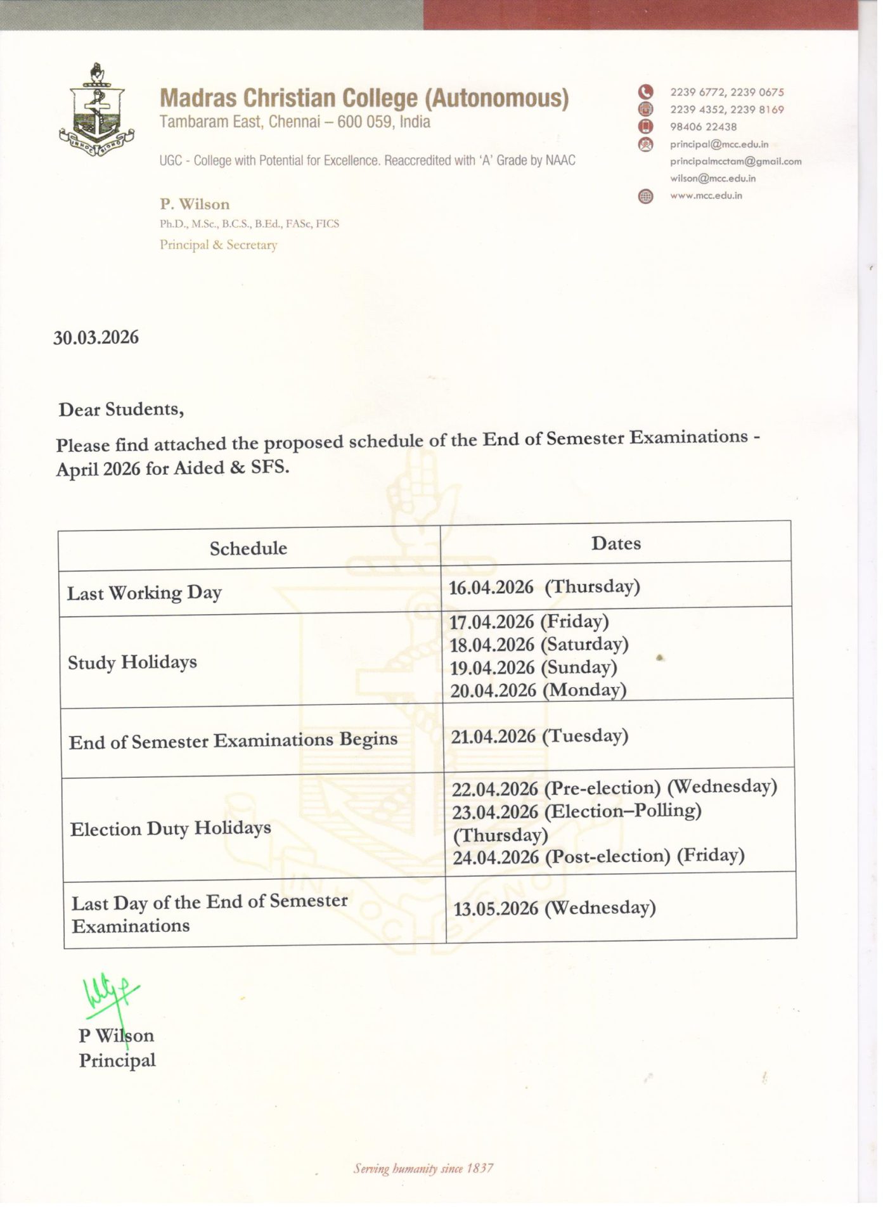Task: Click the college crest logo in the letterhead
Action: pyautogui.click(x=96, y=110)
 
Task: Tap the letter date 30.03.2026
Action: pyautogui.click(x=96, y=337)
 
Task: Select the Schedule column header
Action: pyautogui.click(x=248, y=548)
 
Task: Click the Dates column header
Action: pyautogui.click(x=616, y=543)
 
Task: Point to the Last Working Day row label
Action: pyautogui.click(x=145, y=593)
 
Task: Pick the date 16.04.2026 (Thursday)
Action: pyautogui.click(x=544, y=587)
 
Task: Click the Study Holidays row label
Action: pyautogui.click(x=132, y=662)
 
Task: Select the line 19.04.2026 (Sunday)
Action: pyautogui.click(x=533, y=667)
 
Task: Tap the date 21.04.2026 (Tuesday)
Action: pyautogui.click(x=539, y=736)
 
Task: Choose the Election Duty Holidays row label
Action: pyautogui.click(x=171, y=828)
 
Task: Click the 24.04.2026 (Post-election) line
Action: pyautogui.click(x=598, y=856)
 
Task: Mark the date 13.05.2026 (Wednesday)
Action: pyautogui.click(x=554, y=908)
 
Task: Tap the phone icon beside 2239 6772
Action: pyautogui.click(x=645, y=93)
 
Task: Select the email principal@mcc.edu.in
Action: pyautogui.click(x=719, y=145)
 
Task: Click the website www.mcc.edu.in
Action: pyautogui.click(x=706, y=196)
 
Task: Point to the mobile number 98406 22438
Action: pyautogui.click(x=703, y=127)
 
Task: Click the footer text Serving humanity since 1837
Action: pyautogui.click(x=423, y=1168)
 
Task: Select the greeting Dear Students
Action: pyautogui.click(x=121, y=409)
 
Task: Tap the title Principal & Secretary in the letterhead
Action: pyautogui.click(x=218, y=245)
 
